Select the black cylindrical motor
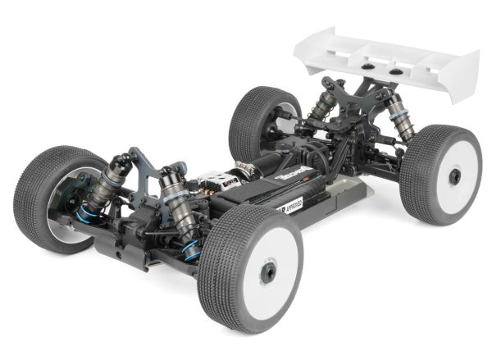(250, 165)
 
